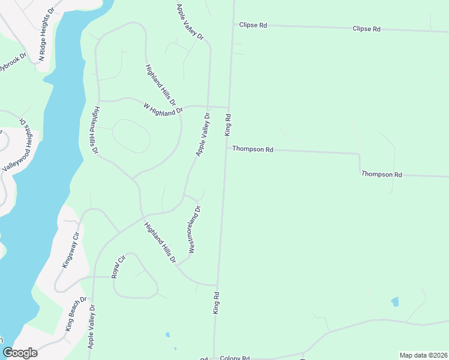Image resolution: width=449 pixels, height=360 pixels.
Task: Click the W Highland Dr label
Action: point(163,109)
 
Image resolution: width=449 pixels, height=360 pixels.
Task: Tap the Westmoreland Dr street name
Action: point(194,229)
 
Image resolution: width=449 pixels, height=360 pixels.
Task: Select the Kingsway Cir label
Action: point(71,251)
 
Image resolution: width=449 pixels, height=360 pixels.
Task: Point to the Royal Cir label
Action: point(118,266)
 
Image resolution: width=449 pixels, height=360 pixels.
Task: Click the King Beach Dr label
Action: point(76,313)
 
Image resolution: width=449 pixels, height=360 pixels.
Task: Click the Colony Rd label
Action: point(234,358)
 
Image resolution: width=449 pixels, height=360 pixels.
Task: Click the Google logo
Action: point(20,353)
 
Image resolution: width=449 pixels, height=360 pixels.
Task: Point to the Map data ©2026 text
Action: point(423,355)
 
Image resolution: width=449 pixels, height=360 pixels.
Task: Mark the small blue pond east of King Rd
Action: point(394,302)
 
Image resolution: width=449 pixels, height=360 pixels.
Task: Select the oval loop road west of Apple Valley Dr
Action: point(131,136)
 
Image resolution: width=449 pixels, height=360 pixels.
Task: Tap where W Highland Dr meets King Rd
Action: point(229,108)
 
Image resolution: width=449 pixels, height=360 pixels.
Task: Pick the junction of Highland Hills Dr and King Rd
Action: point(217,285)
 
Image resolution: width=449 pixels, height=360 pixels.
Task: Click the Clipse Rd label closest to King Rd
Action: point(253,25)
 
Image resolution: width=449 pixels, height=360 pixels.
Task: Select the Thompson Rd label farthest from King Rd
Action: point(381,175)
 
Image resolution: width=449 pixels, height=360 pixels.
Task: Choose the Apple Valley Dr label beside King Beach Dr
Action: point(92,326)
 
